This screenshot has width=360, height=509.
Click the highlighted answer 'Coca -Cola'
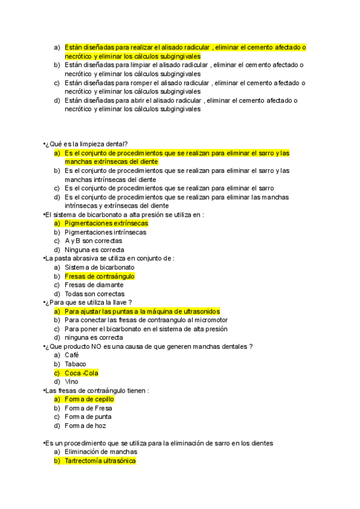click(x=81, y=373)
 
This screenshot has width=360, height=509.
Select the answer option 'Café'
click(x=71, y=355)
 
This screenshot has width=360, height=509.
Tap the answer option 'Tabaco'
click(x=75, y=364)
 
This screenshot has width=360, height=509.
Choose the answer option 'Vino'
click(x=71, y=381)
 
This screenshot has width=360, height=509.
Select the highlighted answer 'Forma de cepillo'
click(x=89, y=399)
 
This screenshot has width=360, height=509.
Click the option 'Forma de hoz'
click(x=85, y=426)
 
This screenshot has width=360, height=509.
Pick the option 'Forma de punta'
click(x=88, y=417)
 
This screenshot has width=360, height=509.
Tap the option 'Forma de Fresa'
click(x=88, y=408)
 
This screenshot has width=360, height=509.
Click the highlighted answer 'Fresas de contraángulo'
click(x=99, y=276)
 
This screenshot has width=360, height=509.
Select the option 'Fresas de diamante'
click(x=94, y=285)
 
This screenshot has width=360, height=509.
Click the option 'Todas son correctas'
click(x=94, y=294)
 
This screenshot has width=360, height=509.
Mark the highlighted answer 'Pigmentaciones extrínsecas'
click(x=106, y=223)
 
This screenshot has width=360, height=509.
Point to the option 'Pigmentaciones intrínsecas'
click(x=106, y=232)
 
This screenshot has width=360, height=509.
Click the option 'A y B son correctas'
click(x=93, y=241)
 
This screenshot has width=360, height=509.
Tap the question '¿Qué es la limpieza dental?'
click(x=86, y=144)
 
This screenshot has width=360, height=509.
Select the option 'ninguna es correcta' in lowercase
click(x=93, y=337)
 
